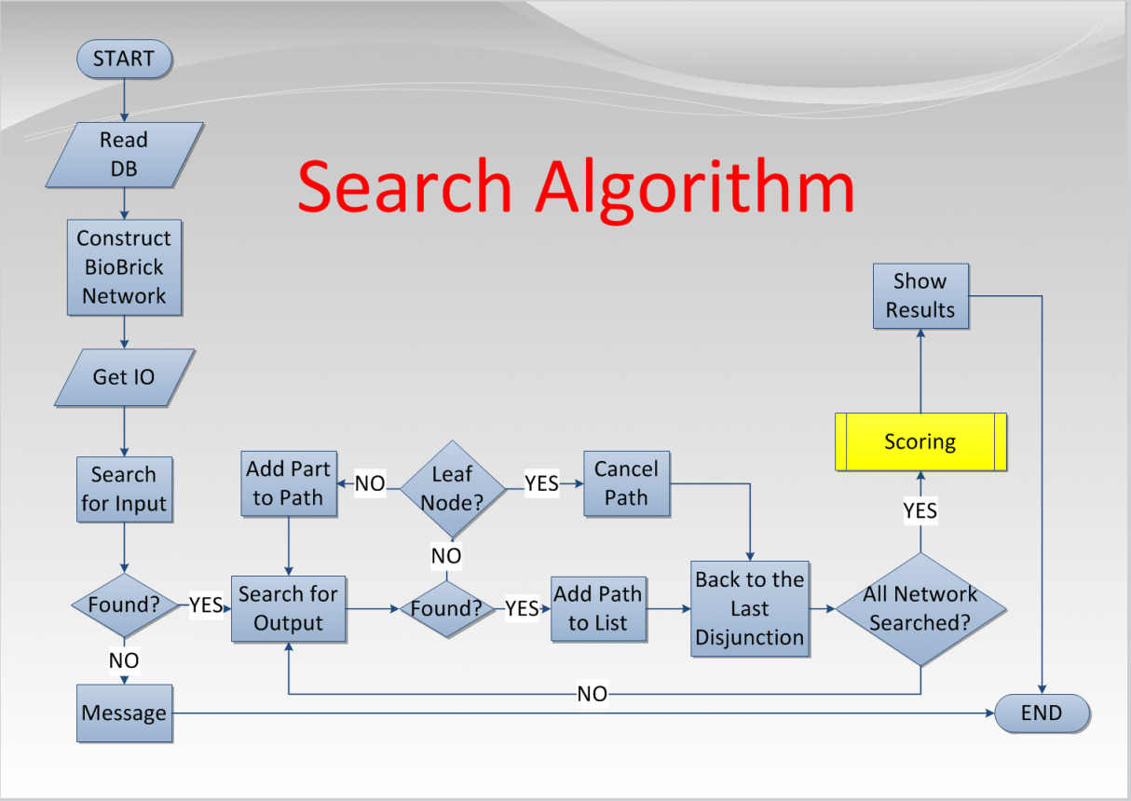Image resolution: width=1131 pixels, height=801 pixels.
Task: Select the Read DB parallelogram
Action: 124,155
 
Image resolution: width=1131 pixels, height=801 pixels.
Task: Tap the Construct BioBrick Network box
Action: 124,267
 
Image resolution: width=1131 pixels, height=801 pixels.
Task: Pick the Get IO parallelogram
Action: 124,377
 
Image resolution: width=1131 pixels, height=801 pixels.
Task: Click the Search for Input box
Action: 124,489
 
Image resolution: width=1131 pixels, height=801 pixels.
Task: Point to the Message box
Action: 124,713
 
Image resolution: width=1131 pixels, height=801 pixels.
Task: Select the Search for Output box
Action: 288,609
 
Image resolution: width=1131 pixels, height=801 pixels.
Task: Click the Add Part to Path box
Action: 288,483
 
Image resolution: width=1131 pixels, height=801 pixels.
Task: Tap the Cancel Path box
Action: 626,483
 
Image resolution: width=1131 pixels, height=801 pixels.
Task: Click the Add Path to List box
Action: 598,609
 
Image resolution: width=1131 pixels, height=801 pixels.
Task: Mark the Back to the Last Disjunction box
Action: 749,609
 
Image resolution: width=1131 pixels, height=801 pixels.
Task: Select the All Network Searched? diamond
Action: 920,609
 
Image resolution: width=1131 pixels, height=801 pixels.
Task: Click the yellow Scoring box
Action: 920,441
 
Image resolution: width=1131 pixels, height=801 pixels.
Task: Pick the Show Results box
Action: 920,295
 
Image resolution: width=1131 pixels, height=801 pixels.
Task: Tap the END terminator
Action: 1042,713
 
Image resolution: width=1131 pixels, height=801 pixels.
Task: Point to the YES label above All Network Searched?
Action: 920,510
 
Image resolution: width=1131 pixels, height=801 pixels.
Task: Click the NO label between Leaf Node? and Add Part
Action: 370,484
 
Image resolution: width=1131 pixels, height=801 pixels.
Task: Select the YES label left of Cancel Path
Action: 541,484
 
